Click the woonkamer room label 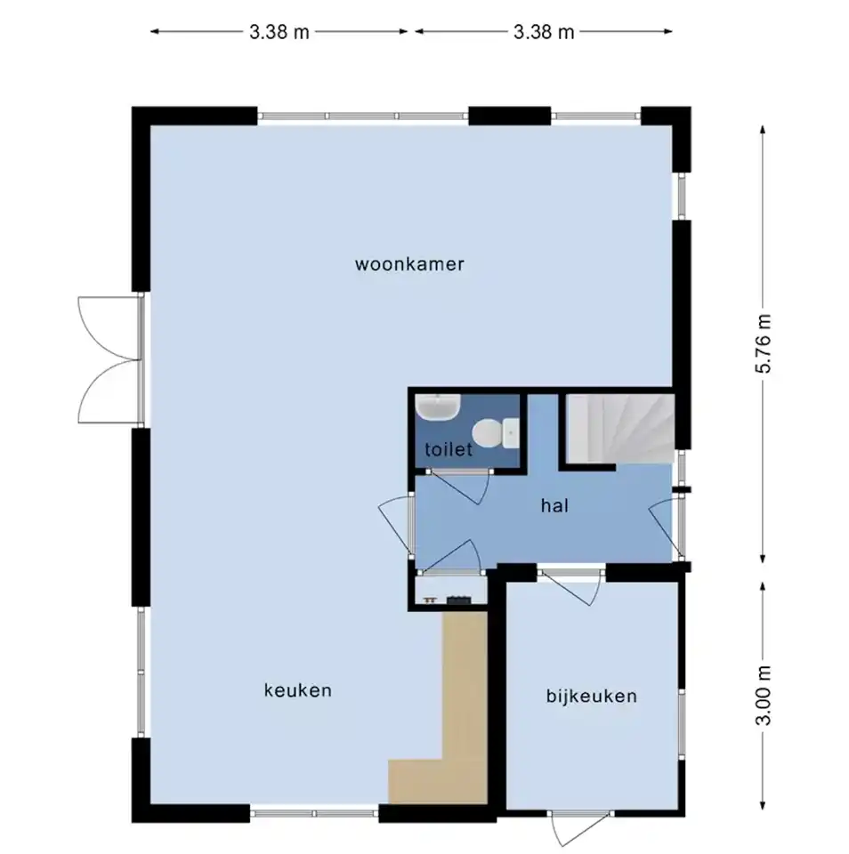click(x=409, y=264)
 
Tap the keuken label click(x=297, y=690)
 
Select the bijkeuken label click(x=591, y=696)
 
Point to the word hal click(x=554, y=505)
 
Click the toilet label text click(x=448, y=449)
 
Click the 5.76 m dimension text click(x=764, y=343)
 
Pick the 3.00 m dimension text click(x=764, y=696)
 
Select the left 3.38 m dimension click(x=279, y=32)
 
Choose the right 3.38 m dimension click(x=544, y=32)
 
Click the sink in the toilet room click(x=438, y=407)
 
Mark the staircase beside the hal click(x=620, y=429)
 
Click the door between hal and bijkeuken click(x=572, y=585)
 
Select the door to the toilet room click(x=460, y=485)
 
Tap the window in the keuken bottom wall click(x=314, y=813)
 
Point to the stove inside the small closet click(x=458, y=600)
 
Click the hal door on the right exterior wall click(x=666, y=528)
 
